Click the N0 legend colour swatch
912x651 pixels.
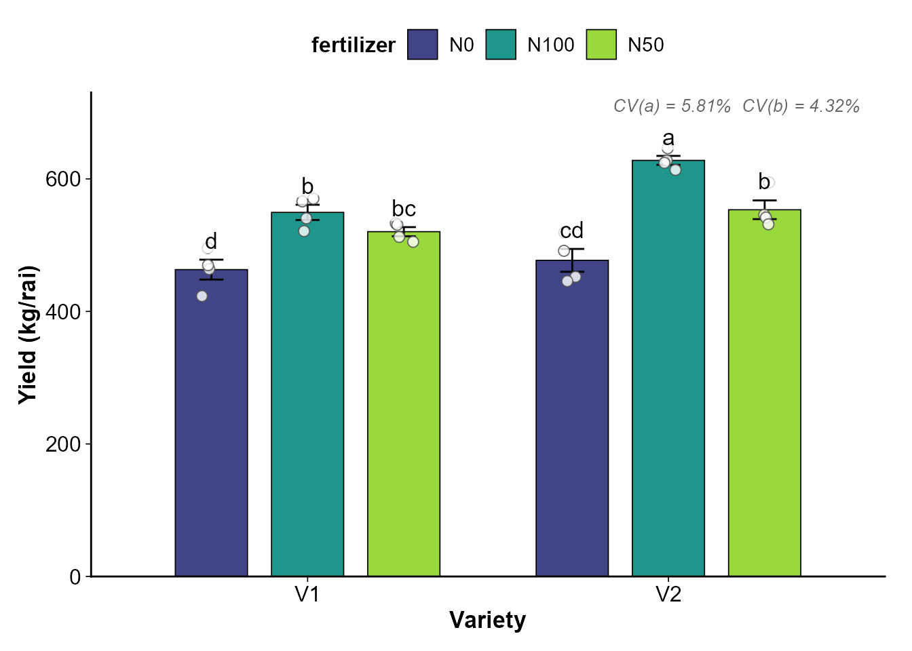423,45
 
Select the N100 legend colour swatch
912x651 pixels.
501,45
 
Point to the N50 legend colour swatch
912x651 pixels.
601,45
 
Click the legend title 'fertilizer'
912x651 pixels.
353,45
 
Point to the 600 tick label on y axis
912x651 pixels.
62,179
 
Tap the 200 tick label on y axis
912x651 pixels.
62,444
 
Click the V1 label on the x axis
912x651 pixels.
307,595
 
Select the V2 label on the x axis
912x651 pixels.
668,595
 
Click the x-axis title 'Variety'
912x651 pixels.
487,620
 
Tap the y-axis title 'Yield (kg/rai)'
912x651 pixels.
28,335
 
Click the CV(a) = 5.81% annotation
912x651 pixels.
672,106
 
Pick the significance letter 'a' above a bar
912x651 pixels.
668,138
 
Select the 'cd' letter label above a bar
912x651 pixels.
572,231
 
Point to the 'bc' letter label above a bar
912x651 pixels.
404,209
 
